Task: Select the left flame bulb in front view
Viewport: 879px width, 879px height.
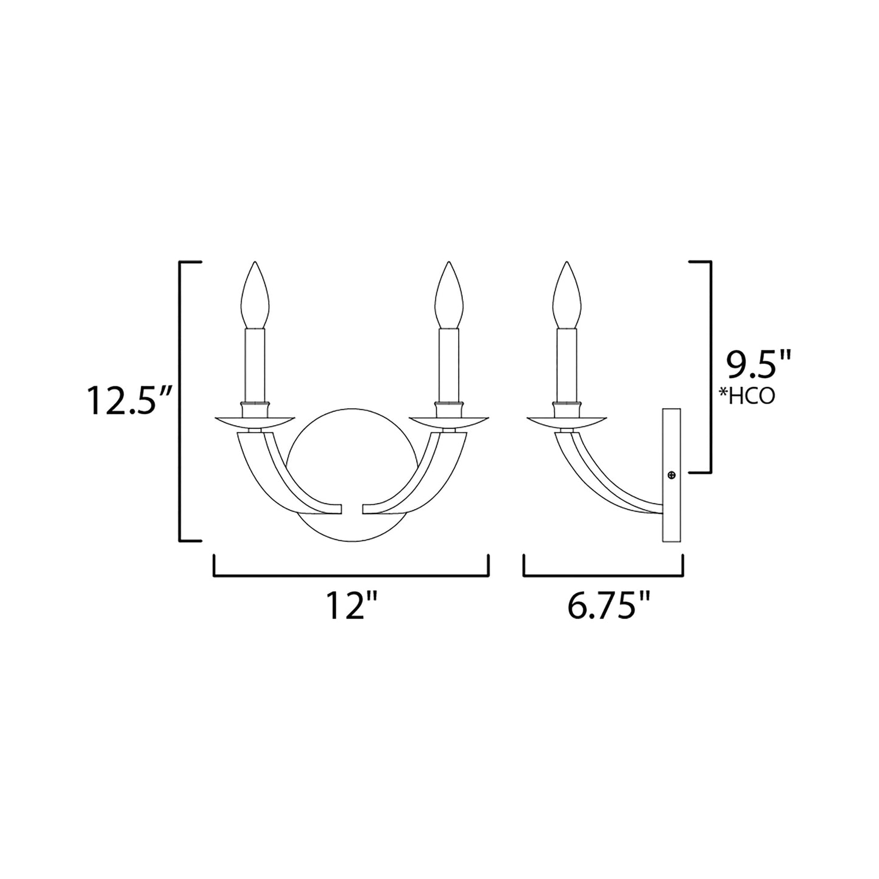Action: [x=254, y=296]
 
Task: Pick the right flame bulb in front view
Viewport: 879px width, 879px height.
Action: [x=448, y=296]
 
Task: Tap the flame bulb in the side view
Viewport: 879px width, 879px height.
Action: [x=568, y=296]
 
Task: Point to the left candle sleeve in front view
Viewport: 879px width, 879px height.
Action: [x=254, y=365]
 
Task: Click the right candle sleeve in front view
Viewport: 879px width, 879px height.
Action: [x=448, y=365]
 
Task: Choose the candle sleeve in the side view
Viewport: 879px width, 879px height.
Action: [x=568, y=365]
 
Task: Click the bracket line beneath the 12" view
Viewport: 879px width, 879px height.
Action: [x=351, y=574]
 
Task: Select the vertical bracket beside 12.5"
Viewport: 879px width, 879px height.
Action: [x=181, y=400]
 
